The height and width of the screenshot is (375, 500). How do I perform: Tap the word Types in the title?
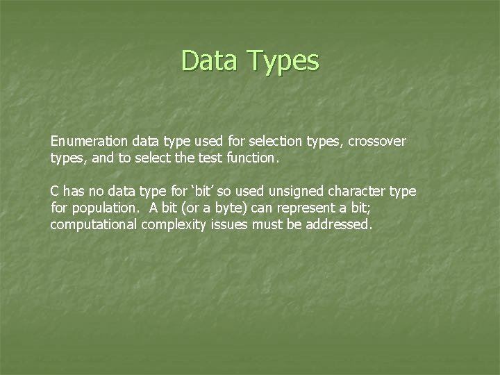pyautogui.click(x=284, y=62)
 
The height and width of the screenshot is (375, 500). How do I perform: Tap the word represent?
pyautogui.click(x=301, y=208)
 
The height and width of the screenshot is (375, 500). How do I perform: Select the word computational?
pyautogui.click(x=94, y=224)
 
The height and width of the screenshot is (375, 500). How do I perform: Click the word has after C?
pyautogui.click(x=73, y=190)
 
